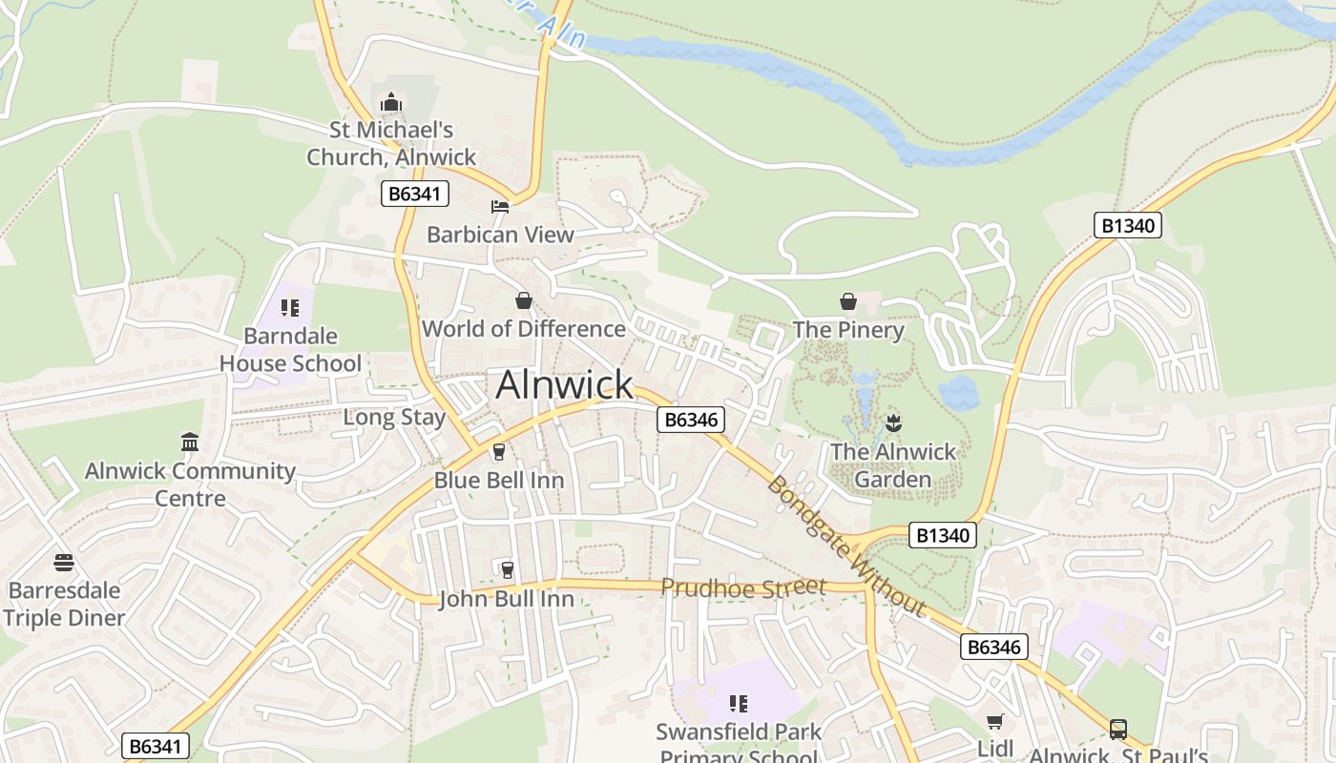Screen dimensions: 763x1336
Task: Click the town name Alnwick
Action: click(564, 384)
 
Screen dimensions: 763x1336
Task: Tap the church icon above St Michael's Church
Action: click(391, 102)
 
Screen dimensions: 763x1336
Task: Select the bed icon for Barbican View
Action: click(500, 207)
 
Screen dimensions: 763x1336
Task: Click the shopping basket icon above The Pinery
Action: click(847, 302)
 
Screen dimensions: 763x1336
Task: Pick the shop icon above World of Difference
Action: click(524, 301)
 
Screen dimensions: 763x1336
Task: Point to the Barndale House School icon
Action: click(290, 308)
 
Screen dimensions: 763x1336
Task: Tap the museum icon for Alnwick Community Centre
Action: click(190, 443)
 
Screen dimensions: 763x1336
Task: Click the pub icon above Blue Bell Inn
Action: click(498, 452)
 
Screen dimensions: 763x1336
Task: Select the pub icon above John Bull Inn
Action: click(507, 570)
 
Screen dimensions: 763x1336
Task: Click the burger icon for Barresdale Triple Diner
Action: click(64, 562)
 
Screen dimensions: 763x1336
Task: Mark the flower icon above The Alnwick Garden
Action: click(893, 423)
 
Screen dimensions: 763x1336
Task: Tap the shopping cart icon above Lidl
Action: click(995, 722)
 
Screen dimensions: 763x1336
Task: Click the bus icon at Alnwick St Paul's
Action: click(1118, 730)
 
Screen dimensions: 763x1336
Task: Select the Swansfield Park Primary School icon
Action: click(738, 704)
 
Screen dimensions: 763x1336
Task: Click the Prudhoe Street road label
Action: click(742, 588)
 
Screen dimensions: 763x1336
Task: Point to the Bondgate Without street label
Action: click(845, 547)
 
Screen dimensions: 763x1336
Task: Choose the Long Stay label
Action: click(394, 418)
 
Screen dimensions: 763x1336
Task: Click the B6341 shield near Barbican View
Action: click(415, 194)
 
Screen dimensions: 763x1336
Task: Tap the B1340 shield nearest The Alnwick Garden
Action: click(943, 535)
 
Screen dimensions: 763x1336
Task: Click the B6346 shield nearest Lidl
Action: click(993, 648)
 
